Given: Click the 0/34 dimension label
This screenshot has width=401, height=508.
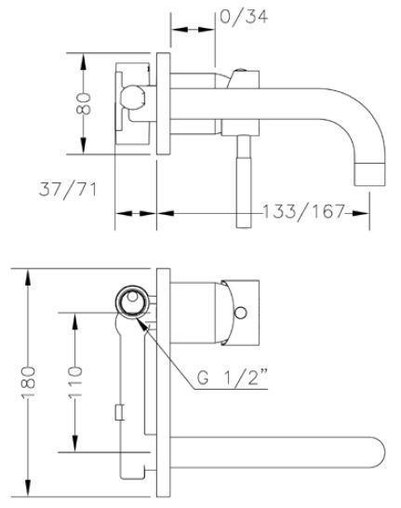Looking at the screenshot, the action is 244,16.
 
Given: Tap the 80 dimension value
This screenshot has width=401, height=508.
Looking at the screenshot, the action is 83,103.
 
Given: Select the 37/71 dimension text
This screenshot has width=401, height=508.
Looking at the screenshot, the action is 67,190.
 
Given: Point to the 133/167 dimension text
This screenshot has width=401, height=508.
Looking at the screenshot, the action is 303,211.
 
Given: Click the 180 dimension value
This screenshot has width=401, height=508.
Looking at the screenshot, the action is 28,382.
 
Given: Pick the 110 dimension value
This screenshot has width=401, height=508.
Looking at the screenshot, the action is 75,382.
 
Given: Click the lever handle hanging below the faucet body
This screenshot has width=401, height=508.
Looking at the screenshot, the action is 243,181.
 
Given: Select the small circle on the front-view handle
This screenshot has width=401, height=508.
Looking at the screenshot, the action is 240,313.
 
